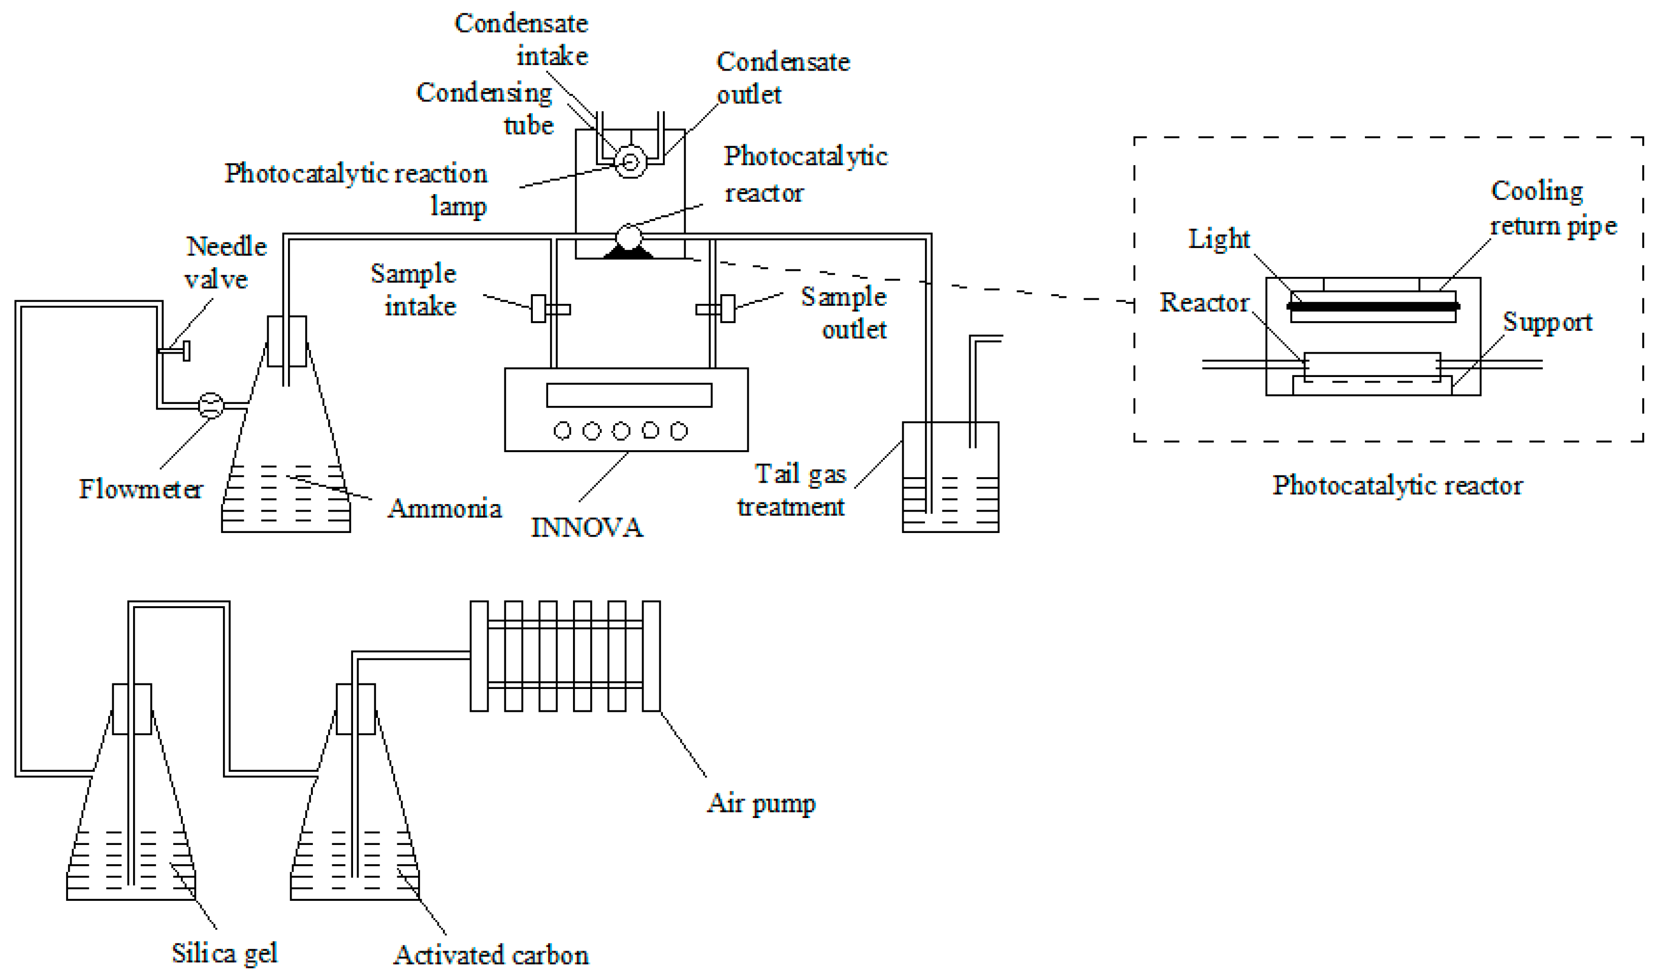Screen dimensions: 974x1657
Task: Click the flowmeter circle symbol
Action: coord(210,405)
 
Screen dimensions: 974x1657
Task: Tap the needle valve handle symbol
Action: coord(185,351)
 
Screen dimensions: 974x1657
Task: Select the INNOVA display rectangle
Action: coord(628,395)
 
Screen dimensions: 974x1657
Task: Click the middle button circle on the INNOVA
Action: coord(621,431)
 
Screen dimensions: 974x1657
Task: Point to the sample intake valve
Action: coord(538,308)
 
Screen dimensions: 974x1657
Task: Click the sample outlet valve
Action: coord(727,308)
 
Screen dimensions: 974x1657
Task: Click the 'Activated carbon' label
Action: coord(491,955)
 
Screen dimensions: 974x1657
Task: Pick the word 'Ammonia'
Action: coord(444,509)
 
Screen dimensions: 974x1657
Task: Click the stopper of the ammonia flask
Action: coord(286,340)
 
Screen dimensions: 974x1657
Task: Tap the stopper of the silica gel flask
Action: coord(132,709)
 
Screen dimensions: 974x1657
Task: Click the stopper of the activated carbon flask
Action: coord(355,709)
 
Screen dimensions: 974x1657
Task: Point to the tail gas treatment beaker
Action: coord(950,477)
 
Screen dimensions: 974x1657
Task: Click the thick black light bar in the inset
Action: coord(1373,306)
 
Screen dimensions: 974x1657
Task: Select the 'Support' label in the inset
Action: coord(1547,322)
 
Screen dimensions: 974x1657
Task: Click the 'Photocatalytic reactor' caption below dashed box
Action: coord(1397,485)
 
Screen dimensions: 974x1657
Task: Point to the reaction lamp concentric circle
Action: coord(630,162)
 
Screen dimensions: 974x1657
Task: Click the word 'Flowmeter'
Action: coord(140,489)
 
